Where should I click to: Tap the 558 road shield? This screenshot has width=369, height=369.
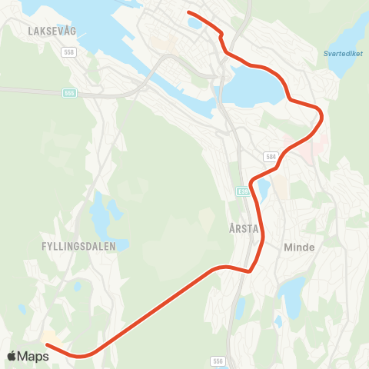click(70, 52)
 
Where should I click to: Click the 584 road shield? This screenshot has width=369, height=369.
click(271, 157)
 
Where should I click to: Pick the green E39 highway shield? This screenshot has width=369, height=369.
click(243, 191)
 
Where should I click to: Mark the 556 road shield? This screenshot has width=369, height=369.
click(219, 360)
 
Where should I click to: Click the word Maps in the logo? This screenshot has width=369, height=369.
click(35, 356)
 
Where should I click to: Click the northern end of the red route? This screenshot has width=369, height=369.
click(188, 12)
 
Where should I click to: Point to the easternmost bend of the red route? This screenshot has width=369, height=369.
click(321, 116)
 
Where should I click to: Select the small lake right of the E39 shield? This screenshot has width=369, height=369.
click(264, 188)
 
